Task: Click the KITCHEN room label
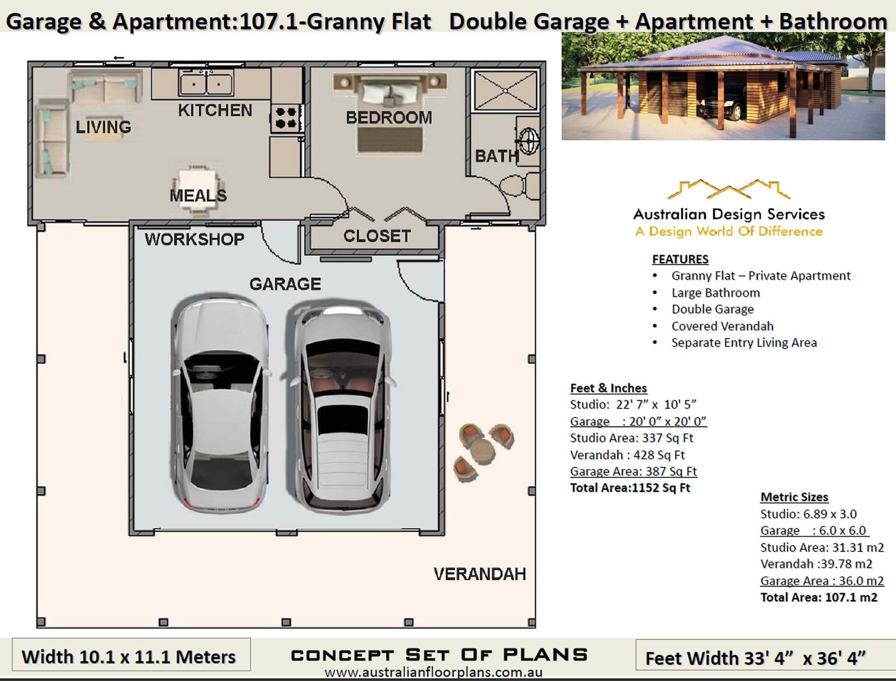(215, 110)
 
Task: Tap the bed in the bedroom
(389, 116)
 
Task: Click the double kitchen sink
(206, 84)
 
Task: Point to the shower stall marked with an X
(505, 90)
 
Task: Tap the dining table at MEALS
(197, 189)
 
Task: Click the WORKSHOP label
(194, 239)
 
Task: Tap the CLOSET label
(377, 236)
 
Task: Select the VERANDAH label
(480, 574)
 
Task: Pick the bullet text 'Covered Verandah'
(722, 326)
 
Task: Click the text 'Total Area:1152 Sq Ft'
(630, 488)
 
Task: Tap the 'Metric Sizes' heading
(794, 497)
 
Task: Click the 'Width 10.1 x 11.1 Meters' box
(131, 656)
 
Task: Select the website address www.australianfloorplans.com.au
(433, 673)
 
